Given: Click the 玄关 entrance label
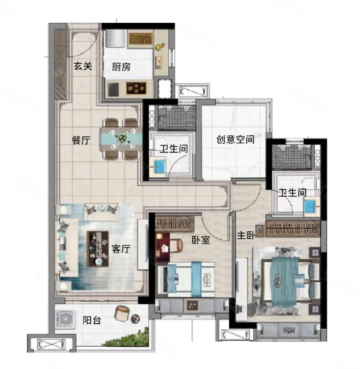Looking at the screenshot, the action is [x=82, y=66].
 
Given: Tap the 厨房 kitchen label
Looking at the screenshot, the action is [x=121, y=67].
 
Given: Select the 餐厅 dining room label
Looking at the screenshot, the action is [x=81, y=140].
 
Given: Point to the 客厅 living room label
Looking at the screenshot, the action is [x=121, y=248].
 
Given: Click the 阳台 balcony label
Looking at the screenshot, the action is [x=92, y=320].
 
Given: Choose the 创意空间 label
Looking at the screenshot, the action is [x=235, y=139].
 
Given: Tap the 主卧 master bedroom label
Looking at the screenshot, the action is [x=246, y=235].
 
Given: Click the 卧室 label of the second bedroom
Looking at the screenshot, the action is [x=201, y=240].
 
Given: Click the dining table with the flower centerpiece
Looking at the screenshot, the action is [x=122, y=139].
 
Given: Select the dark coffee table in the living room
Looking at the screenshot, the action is [x=98, y=248].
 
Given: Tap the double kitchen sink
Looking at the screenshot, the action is [x=141, y=39].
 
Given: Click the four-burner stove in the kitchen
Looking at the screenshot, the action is [x=136, y=88].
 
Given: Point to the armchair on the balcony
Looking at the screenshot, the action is [x=122, y=313].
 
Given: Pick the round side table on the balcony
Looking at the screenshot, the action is [x=135, y=319].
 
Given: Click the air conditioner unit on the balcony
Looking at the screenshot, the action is [x=65, y=319].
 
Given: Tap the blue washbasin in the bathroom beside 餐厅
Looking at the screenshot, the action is [x=158, y=167].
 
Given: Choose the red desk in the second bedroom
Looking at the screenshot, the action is [x=163, y=247].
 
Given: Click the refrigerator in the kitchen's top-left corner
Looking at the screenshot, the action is [x=115, y=38].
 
